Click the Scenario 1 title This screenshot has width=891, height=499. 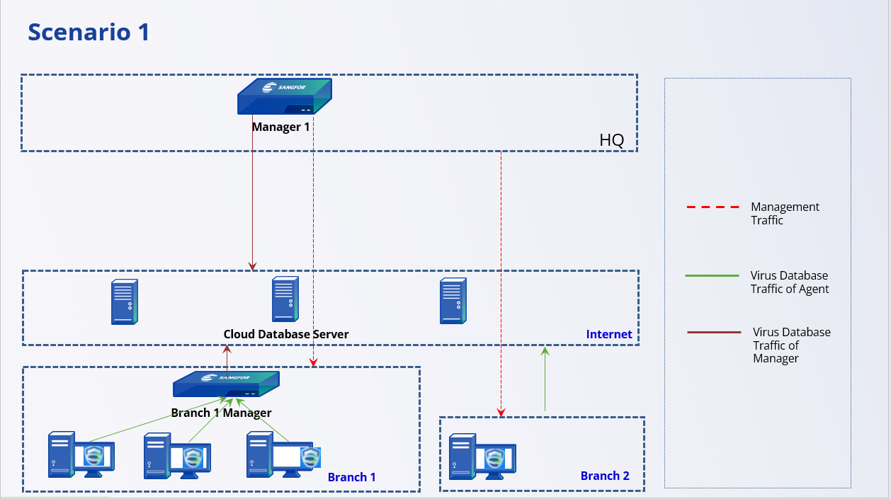(89, 32)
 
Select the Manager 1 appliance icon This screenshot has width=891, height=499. (284, 96)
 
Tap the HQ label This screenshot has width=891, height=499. (612, 140)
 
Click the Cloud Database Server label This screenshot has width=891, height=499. (286, 334)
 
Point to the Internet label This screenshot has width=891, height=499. (608, 334)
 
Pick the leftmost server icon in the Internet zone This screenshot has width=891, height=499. (124, 302)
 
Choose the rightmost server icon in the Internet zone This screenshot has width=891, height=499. (453, 301)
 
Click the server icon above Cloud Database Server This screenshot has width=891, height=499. (285, 300)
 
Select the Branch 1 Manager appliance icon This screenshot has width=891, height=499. (226, 384)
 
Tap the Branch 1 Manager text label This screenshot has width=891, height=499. (221, 413)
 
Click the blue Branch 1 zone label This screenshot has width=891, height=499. (351, 477)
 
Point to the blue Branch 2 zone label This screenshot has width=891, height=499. (605, 476)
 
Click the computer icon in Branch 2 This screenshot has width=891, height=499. (482, 454)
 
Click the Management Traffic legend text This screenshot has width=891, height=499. (785, 213)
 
